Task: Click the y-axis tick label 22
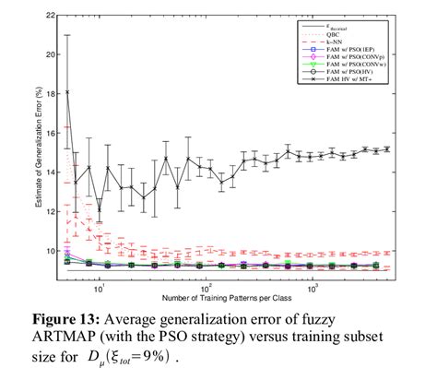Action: [51, 15]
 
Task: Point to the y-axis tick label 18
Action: [51, 93]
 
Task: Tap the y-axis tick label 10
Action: [51, 251]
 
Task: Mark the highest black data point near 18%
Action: [66, 92]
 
